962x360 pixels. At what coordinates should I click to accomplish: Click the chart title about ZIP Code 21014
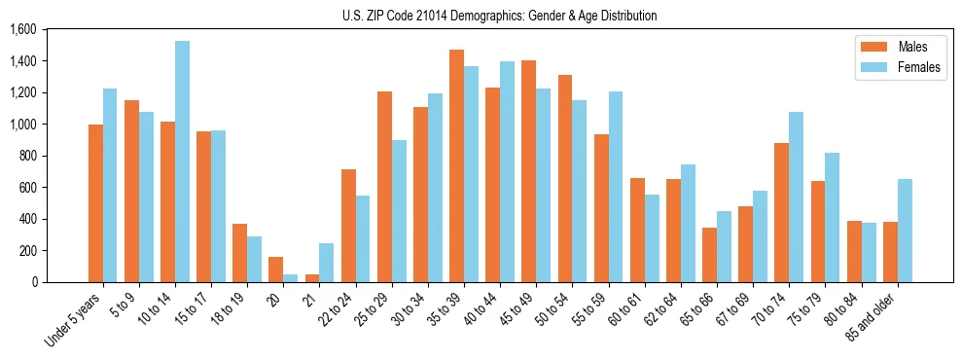tap(499, 16)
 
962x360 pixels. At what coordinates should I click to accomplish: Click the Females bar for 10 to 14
tap(183, 162)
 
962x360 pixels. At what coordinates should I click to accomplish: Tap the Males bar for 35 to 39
tap(456, 165)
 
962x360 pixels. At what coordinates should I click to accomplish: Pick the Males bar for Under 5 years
tap(95, 203)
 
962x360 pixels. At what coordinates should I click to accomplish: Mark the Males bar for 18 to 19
tap(239, 253)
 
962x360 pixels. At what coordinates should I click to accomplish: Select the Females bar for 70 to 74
tap(797, 198)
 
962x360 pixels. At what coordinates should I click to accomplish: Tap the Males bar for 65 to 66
tap(709, 255)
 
